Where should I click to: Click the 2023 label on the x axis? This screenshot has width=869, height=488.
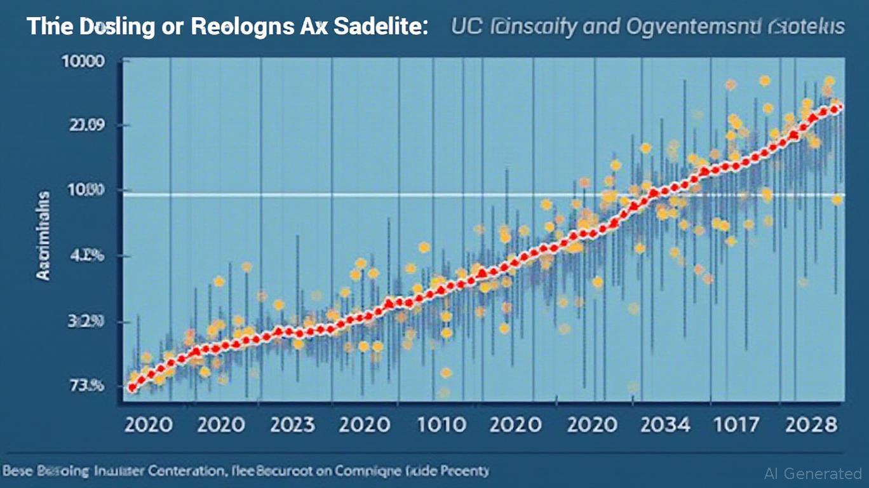coord(293,424)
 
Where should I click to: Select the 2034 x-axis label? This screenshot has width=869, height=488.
coord(666,424)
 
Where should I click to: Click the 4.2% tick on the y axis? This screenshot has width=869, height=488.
coord(89,255)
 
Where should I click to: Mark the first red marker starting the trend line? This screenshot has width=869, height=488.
coord(131,387)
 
